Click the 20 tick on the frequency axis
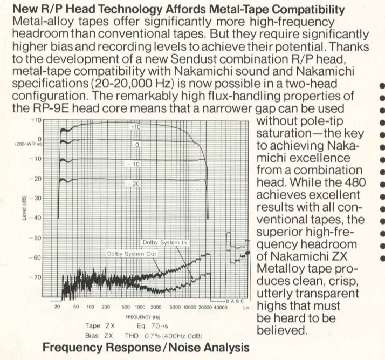click(x=57, y=306)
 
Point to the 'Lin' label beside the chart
click(x=246, y=306)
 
